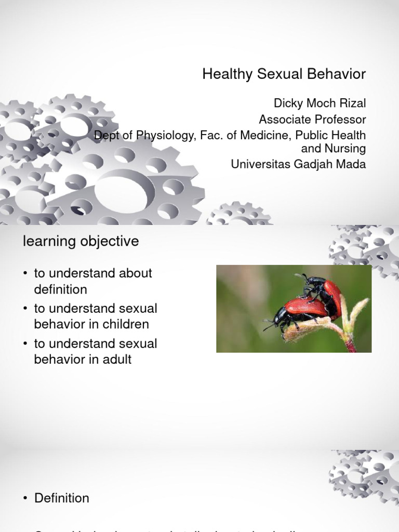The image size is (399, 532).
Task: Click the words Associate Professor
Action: tap(312, 119)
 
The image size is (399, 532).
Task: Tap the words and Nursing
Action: tap(334, 149)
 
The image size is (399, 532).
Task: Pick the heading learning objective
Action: tap(80, 242)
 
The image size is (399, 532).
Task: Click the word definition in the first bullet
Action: tap(60, 289)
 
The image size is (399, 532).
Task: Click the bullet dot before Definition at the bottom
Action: tap(25, 499)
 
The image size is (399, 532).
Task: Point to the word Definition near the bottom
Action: tap(62, 498)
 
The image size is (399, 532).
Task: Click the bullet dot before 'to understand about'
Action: tap(25, 274)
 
